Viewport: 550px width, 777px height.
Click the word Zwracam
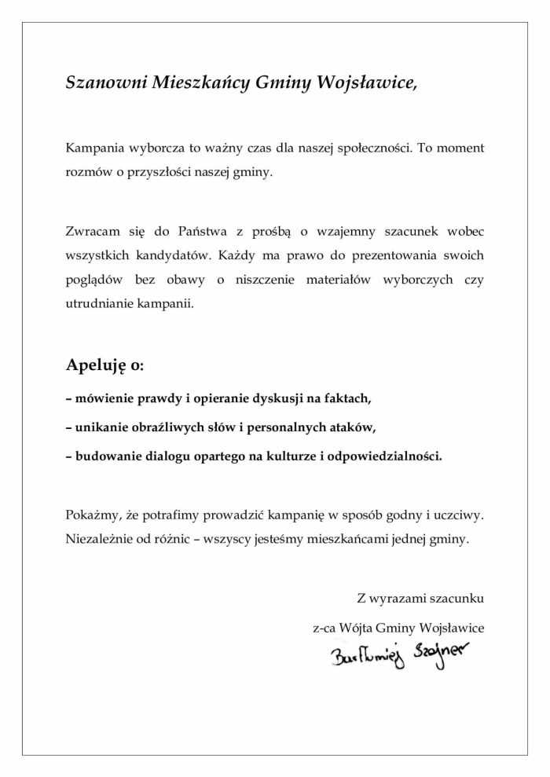[x=90, y=232]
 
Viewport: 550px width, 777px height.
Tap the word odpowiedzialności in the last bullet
[x=383, y=456]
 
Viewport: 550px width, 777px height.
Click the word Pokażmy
[x=93, y=516]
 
